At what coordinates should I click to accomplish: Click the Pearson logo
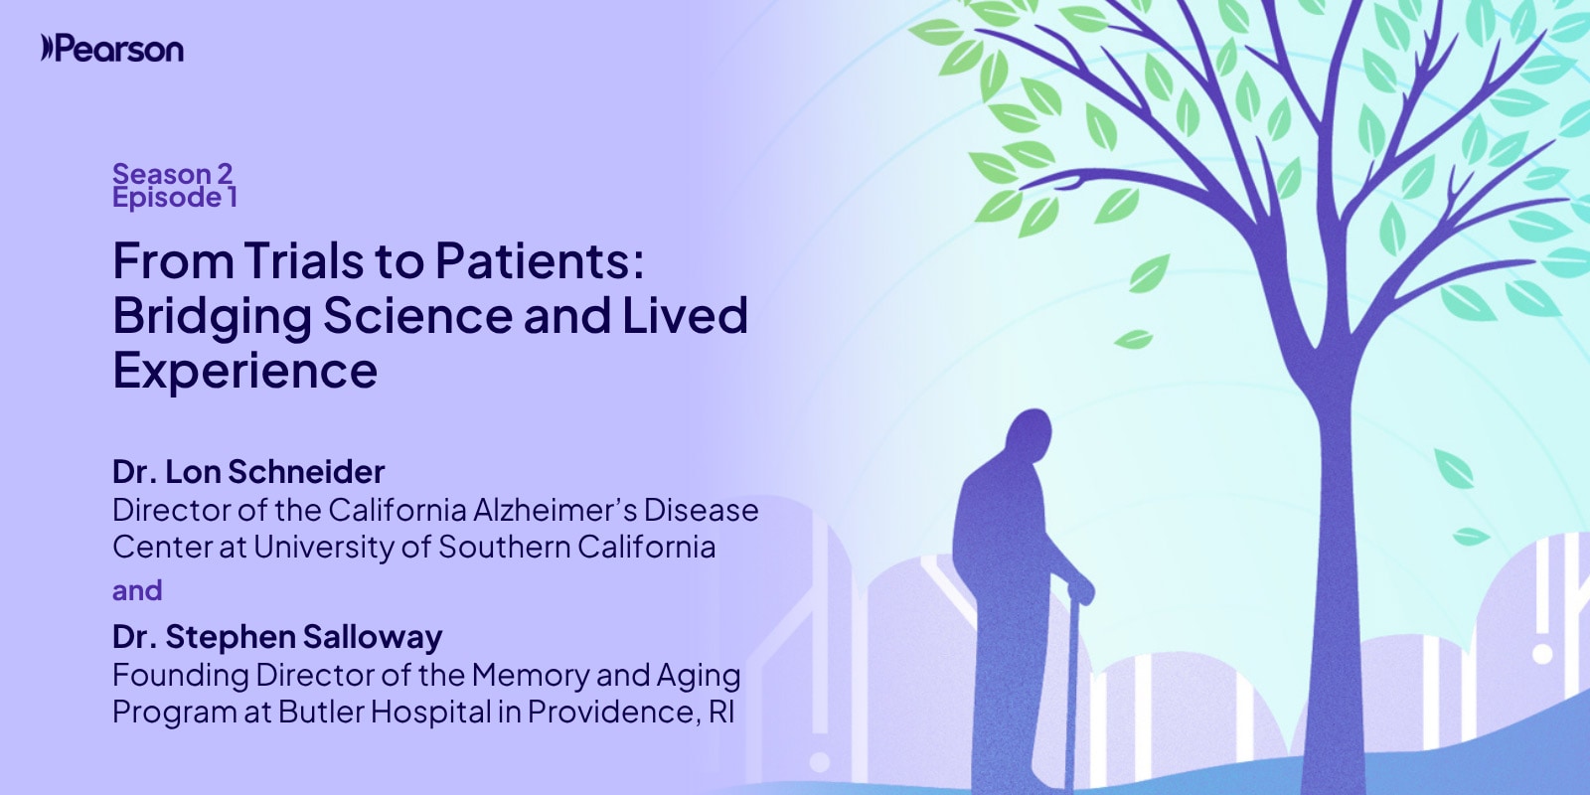(x=112, y=49)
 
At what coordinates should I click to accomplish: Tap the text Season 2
(x=173, y=173)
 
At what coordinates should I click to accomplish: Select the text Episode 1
(x=175, y=198)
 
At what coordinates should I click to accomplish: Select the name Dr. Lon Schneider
(x=248, y=471)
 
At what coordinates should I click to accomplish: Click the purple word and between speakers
(x=137, y=590)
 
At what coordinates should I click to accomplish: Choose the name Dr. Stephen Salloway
(x=277, y=636)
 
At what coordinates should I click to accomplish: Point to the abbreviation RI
(x=720, y=712)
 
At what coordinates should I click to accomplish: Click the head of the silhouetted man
(x=1030, y=433)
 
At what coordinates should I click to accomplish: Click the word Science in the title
(x=417, y=315)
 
